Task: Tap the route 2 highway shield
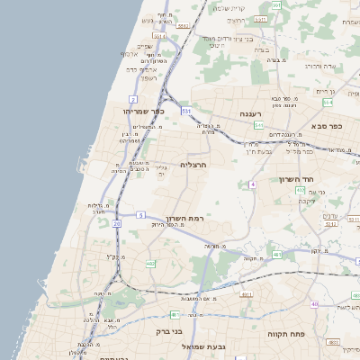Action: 132,98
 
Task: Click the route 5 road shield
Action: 141,214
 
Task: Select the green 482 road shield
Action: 150,264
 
